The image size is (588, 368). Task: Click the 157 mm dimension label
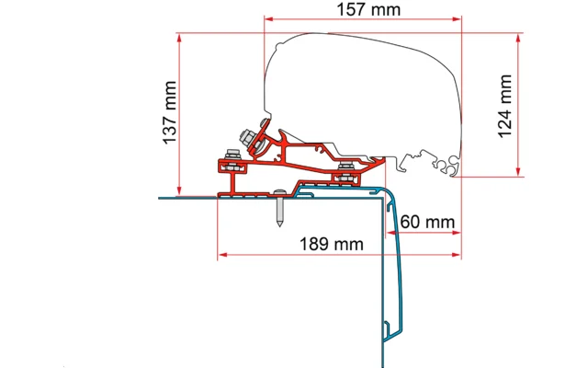click(x=368, y=9)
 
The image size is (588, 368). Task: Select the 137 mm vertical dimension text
click(x=169, y=112)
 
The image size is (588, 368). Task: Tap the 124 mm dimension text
click(x=505, y=107)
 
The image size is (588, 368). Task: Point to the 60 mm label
click(x=427, y=222)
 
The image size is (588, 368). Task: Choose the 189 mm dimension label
click(x=332, y=244)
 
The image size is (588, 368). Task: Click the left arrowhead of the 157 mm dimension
click(x=269, y=18)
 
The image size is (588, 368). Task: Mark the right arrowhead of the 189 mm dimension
click(x=457, y=255)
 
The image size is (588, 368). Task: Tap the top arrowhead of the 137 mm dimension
click(x=179, y=39)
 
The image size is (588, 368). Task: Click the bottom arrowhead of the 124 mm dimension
click(x=518, y=172)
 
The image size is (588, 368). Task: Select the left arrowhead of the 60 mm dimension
click(x=391, y=233)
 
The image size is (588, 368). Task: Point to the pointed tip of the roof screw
click(x=279, y=224)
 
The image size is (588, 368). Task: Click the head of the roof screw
click(x=279, y=192)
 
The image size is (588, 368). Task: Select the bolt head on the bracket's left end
click(x=233, y=154)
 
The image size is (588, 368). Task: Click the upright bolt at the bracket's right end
click(x=345, y=172)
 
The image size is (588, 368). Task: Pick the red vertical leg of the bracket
click(x=232, y=184)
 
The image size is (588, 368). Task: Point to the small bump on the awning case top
click(x=279, y=46)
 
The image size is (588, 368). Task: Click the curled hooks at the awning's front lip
click(x=448, y=166)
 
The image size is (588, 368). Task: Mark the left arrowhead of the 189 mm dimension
click(x=222, y=255)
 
